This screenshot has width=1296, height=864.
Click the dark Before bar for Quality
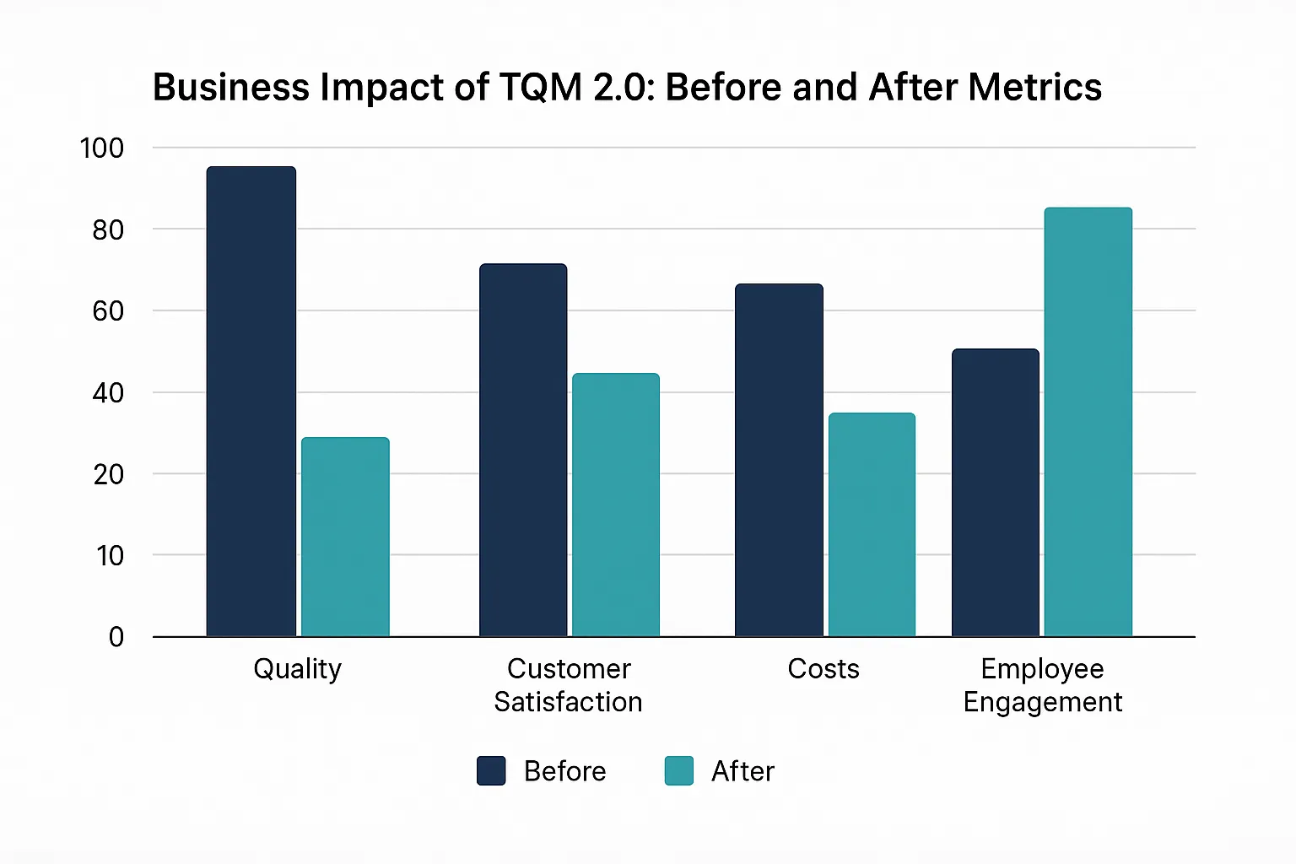[251, 401]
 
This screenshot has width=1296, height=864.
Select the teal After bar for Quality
[345, 537]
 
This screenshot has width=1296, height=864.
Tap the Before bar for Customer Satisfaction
[523, 450]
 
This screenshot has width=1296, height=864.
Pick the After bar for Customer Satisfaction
[616, 505]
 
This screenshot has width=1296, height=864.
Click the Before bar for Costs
[779, 460]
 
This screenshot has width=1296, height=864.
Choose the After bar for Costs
[872, 524]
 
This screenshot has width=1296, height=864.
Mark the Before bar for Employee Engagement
[996, 492]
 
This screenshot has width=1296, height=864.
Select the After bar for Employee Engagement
[1088, 422]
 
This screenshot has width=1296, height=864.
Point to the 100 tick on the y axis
[101, 148]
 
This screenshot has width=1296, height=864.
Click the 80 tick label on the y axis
[108, 229]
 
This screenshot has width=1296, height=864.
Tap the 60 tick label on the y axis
[108, 311]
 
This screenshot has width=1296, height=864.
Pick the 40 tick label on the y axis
[108, 392]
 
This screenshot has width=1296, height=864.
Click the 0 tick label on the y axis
[116, 637]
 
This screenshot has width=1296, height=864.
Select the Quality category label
[298, 669]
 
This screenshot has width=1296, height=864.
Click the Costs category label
[823, 669]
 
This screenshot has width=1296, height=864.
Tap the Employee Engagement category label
[1043, 685]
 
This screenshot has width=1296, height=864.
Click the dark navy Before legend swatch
[491, 770]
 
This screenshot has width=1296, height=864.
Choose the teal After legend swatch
[679, 770]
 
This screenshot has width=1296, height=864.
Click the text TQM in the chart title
[540, 88]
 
